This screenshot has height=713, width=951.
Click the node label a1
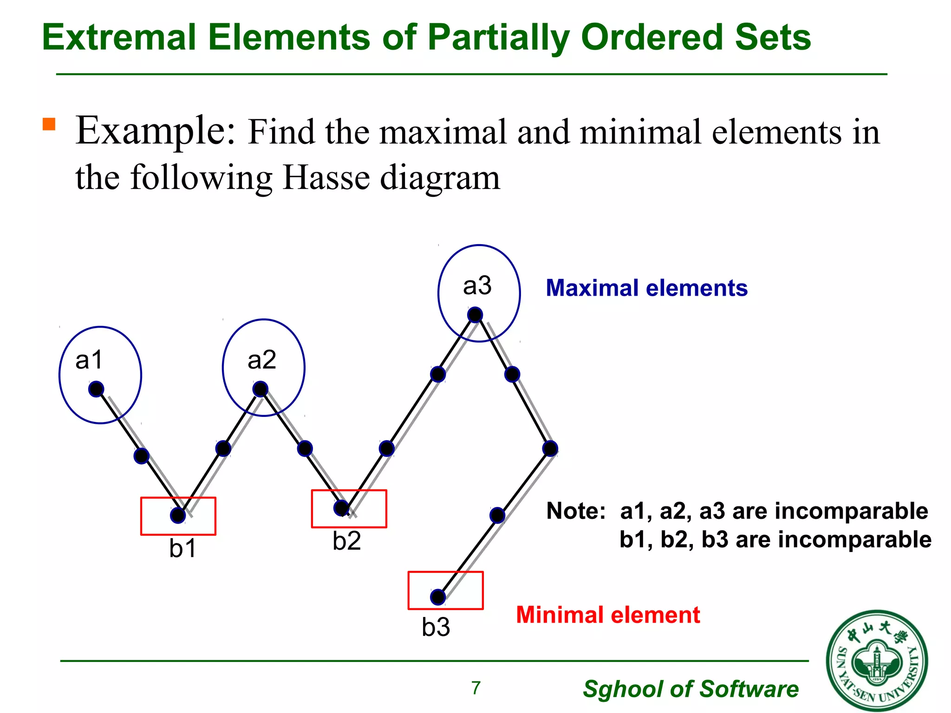[89, 360]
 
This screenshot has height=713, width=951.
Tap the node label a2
[262, 360]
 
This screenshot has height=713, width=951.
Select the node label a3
[477, 285]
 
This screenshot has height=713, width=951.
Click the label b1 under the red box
[182, 549]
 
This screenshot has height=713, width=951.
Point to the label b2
[346, 541]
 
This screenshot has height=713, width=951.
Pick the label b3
[436, 627]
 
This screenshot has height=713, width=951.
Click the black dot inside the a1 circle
[96, 389]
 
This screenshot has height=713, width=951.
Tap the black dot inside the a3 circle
[475, 315]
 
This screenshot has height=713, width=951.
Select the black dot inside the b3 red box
[438, 597]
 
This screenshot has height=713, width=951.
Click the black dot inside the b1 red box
[178, 515]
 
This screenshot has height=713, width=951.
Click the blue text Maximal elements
[646, 288]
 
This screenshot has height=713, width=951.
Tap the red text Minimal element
[607, 615]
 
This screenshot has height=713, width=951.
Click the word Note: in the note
[576, 511]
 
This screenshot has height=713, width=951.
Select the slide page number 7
[476, 688]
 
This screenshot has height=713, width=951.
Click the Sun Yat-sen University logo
[877, 661]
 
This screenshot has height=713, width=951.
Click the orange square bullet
[49, 124]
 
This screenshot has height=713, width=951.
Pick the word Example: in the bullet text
[156, 131]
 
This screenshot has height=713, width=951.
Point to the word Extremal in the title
[119, 37]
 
